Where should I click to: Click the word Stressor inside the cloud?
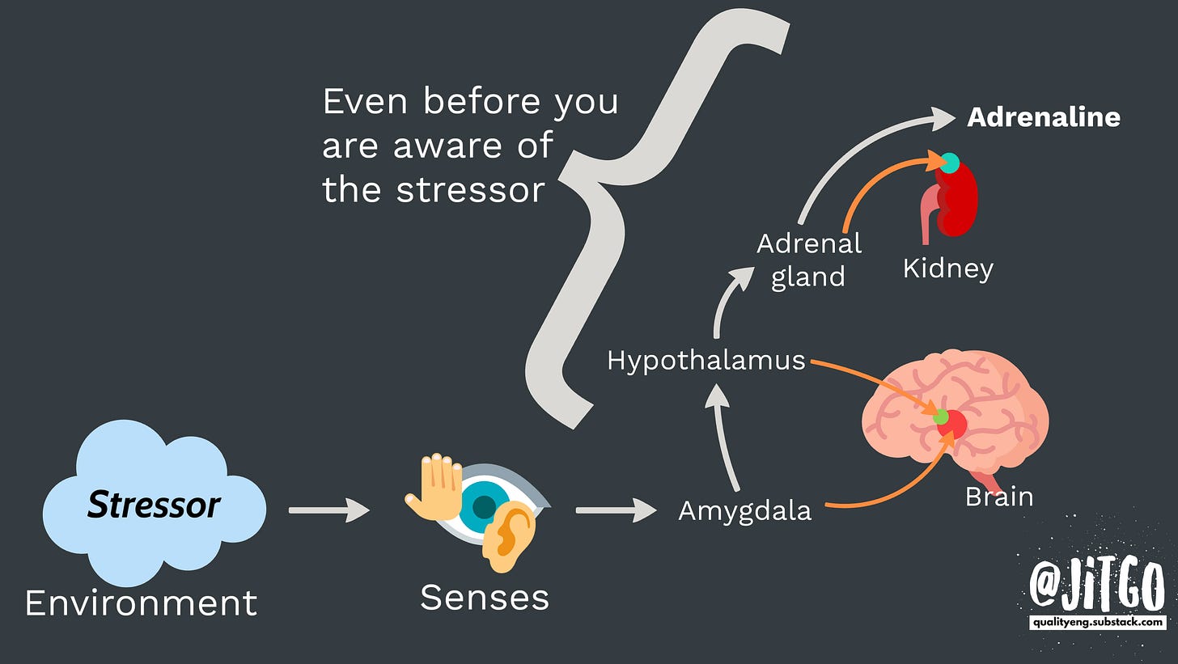pos(154,505)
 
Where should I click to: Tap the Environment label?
pos(141,603)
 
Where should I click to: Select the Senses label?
pos(485,598)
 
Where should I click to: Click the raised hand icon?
pos(434,486)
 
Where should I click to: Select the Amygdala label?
pos(744,511)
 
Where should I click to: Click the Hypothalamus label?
pos(706,361)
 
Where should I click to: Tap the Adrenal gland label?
pos(809,260)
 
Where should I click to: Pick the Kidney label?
pos(947,268)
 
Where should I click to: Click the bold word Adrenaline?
pos(1044,117)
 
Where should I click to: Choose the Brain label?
pos(999,496)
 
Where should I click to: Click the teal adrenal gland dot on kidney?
pos(950,163)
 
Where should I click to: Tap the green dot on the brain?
pos(940,417)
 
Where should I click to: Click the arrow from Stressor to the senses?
pos(328,510)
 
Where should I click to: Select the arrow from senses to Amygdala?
pos(616,510)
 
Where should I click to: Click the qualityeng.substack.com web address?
pos(1098,622)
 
